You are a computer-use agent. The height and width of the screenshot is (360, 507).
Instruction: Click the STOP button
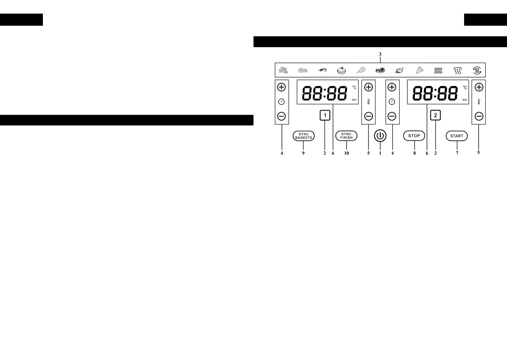tap(414, 136)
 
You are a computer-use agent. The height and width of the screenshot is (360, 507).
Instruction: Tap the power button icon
tap(380, 136)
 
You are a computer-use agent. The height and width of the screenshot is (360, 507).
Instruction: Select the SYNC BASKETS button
tap(304, 136)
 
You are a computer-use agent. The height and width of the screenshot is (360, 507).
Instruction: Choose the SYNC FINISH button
tap(346, 136)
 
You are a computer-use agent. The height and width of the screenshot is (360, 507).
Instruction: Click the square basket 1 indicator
tap(325, 115)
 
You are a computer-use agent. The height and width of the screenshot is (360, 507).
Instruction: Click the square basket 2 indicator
tap(435, 115)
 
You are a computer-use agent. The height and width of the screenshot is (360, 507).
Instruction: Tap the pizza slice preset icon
tap(419, 70)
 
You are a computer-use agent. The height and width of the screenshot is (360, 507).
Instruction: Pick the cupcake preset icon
tap(341, 70)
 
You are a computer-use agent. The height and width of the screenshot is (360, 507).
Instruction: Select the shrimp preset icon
tap(322, 70)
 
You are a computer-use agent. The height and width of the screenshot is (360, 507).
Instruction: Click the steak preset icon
tap(380, 70)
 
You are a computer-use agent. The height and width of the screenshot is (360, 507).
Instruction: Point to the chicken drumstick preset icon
tap(361, 70)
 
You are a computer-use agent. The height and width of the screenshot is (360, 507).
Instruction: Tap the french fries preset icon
tap(283, 70)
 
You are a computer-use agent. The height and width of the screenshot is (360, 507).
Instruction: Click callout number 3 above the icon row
tap(380, 54)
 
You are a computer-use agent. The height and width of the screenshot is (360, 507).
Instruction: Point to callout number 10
tap(347, 153)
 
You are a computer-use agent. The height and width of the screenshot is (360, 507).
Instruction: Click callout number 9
tap(303, 153)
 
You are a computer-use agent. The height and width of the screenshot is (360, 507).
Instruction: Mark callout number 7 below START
tap(457, 153)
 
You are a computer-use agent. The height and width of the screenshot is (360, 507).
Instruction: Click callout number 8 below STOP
tap(415, 153)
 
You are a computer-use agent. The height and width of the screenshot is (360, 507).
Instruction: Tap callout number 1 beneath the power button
tap(380, 153)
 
